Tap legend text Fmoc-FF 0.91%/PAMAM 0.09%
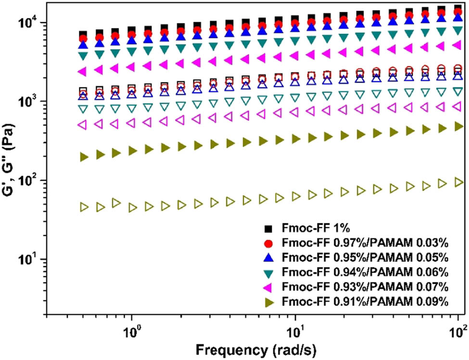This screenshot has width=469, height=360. click(x=366, y=302)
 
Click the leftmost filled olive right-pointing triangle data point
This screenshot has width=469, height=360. click(x=84, y=157)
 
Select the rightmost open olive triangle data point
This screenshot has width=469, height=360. click(x=458, y=182)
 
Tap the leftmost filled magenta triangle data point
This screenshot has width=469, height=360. click(x=82, y=72)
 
